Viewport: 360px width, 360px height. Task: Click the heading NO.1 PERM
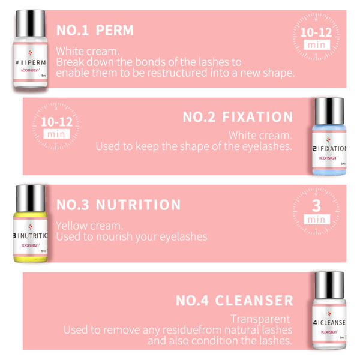pyautogui.click(x=95, y=29)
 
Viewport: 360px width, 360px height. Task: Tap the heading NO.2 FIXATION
pyautogui.click(x=238, y=117)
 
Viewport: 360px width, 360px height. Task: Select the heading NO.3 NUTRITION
pyautogui.click(x=118, y=205)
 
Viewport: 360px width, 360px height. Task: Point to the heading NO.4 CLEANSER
pyautogui.click(x=234, y=300)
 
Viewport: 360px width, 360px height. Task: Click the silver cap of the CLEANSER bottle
pyautogui.click(x=329, y=284)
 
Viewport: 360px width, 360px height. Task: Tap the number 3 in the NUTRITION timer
pyautogui.click(x=315, y=206)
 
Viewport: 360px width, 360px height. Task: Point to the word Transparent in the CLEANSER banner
pyautogui.click(x=260, y=319)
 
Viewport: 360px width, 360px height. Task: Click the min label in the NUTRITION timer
pyautogui.click(x=315, y=220)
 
